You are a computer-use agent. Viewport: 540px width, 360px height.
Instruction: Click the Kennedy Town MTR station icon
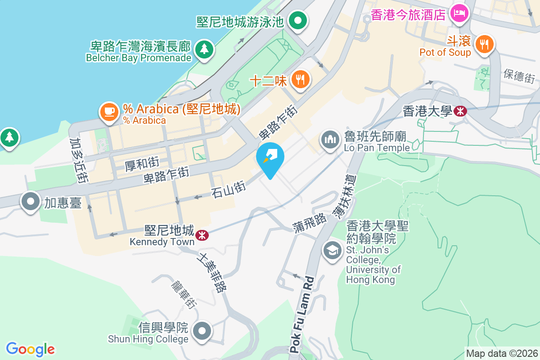pyautogui.click(x=202, y=234)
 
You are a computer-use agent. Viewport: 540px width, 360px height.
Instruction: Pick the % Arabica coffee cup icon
pyautogui.click(x=109, y=111)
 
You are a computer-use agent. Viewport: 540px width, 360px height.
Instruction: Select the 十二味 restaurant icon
pyautogui.click(x=300, y=80)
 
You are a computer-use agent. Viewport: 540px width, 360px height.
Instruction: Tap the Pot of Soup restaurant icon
pyautogui.click(x=484, y=44)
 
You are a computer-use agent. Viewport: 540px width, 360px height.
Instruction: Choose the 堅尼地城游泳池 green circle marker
pyautogui.click(x=297, y=20)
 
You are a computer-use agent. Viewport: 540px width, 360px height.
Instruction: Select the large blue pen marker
pyautogui.click(x=270, y=157)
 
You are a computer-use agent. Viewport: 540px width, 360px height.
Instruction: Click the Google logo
pyautogui.click(x=30, y=349)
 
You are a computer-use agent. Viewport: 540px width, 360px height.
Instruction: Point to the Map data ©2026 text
pyautogui.click(x=502, y=353)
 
